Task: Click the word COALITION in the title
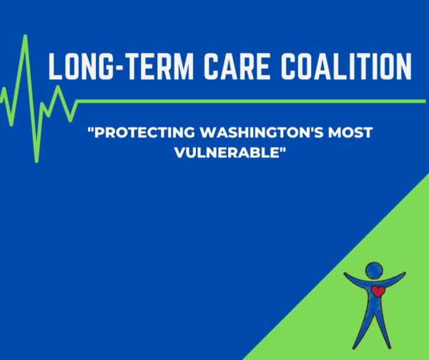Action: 347,67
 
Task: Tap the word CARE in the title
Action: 237,67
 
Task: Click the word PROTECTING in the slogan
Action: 144,132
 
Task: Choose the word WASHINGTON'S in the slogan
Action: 262,132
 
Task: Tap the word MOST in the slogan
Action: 350,132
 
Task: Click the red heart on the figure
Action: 378,291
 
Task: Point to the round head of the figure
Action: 374,271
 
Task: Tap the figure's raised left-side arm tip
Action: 345,273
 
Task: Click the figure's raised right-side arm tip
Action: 404,273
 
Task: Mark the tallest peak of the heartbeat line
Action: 26,36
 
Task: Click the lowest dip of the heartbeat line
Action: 36,161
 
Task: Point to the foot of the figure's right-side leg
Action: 389,347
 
